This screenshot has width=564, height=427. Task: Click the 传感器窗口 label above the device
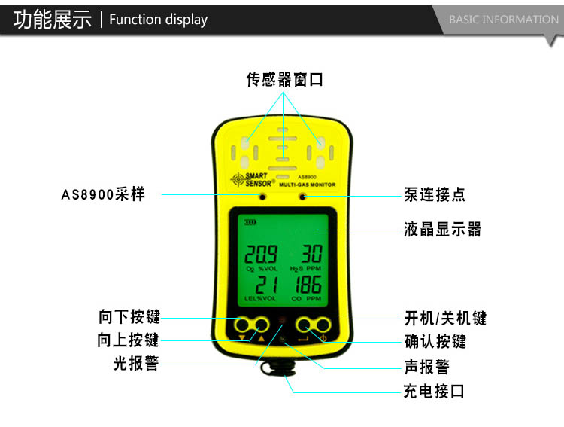[x=284, y=79]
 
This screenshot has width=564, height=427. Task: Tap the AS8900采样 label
[x=103, y=194]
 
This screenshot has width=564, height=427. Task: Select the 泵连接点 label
[x=435, y=194]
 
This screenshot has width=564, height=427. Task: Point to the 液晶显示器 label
[x=442, y=229]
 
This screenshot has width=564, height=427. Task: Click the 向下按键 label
[x=129, y=316]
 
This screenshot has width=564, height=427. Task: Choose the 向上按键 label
[x=128, y=340]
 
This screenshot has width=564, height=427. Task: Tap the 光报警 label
[x=136, y=363]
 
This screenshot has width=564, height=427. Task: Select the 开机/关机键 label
[x=445, y=318]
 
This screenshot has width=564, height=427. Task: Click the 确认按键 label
[x=435, y=341]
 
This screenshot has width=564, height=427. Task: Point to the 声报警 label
[x=427, y=367]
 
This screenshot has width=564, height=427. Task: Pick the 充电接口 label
[x=434, y=391]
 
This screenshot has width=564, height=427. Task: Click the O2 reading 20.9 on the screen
[x=261, y=254]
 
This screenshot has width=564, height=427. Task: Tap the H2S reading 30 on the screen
[x=311, y=253]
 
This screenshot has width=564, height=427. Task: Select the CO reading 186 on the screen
[x=308, y=285]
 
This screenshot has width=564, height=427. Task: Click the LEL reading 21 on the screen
[x=266, y=285]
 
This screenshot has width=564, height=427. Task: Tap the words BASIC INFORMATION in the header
[x=504, y=20]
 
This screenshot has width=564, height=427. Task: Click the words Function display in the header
[x=158, y=20]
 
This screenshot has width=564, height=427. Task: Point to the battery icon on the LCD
[x=250, y=222]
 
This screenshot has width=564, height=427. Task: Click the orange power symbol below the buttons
[x=323, y=338]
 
